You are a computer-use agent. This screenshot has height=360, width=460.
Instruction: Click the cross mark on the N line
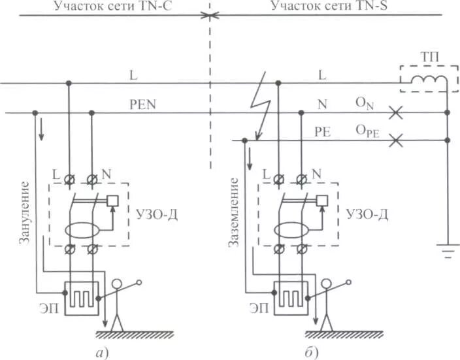(395, 113)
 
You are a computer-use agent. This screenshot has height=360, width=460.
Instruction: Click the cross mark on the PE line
(395, 139)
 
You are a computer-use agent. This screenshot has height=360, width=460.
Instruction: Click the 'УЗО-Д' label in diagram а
(155, 212)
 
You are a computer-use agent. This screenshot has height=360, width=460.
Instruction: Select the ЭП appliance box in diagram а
(80, 298)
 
